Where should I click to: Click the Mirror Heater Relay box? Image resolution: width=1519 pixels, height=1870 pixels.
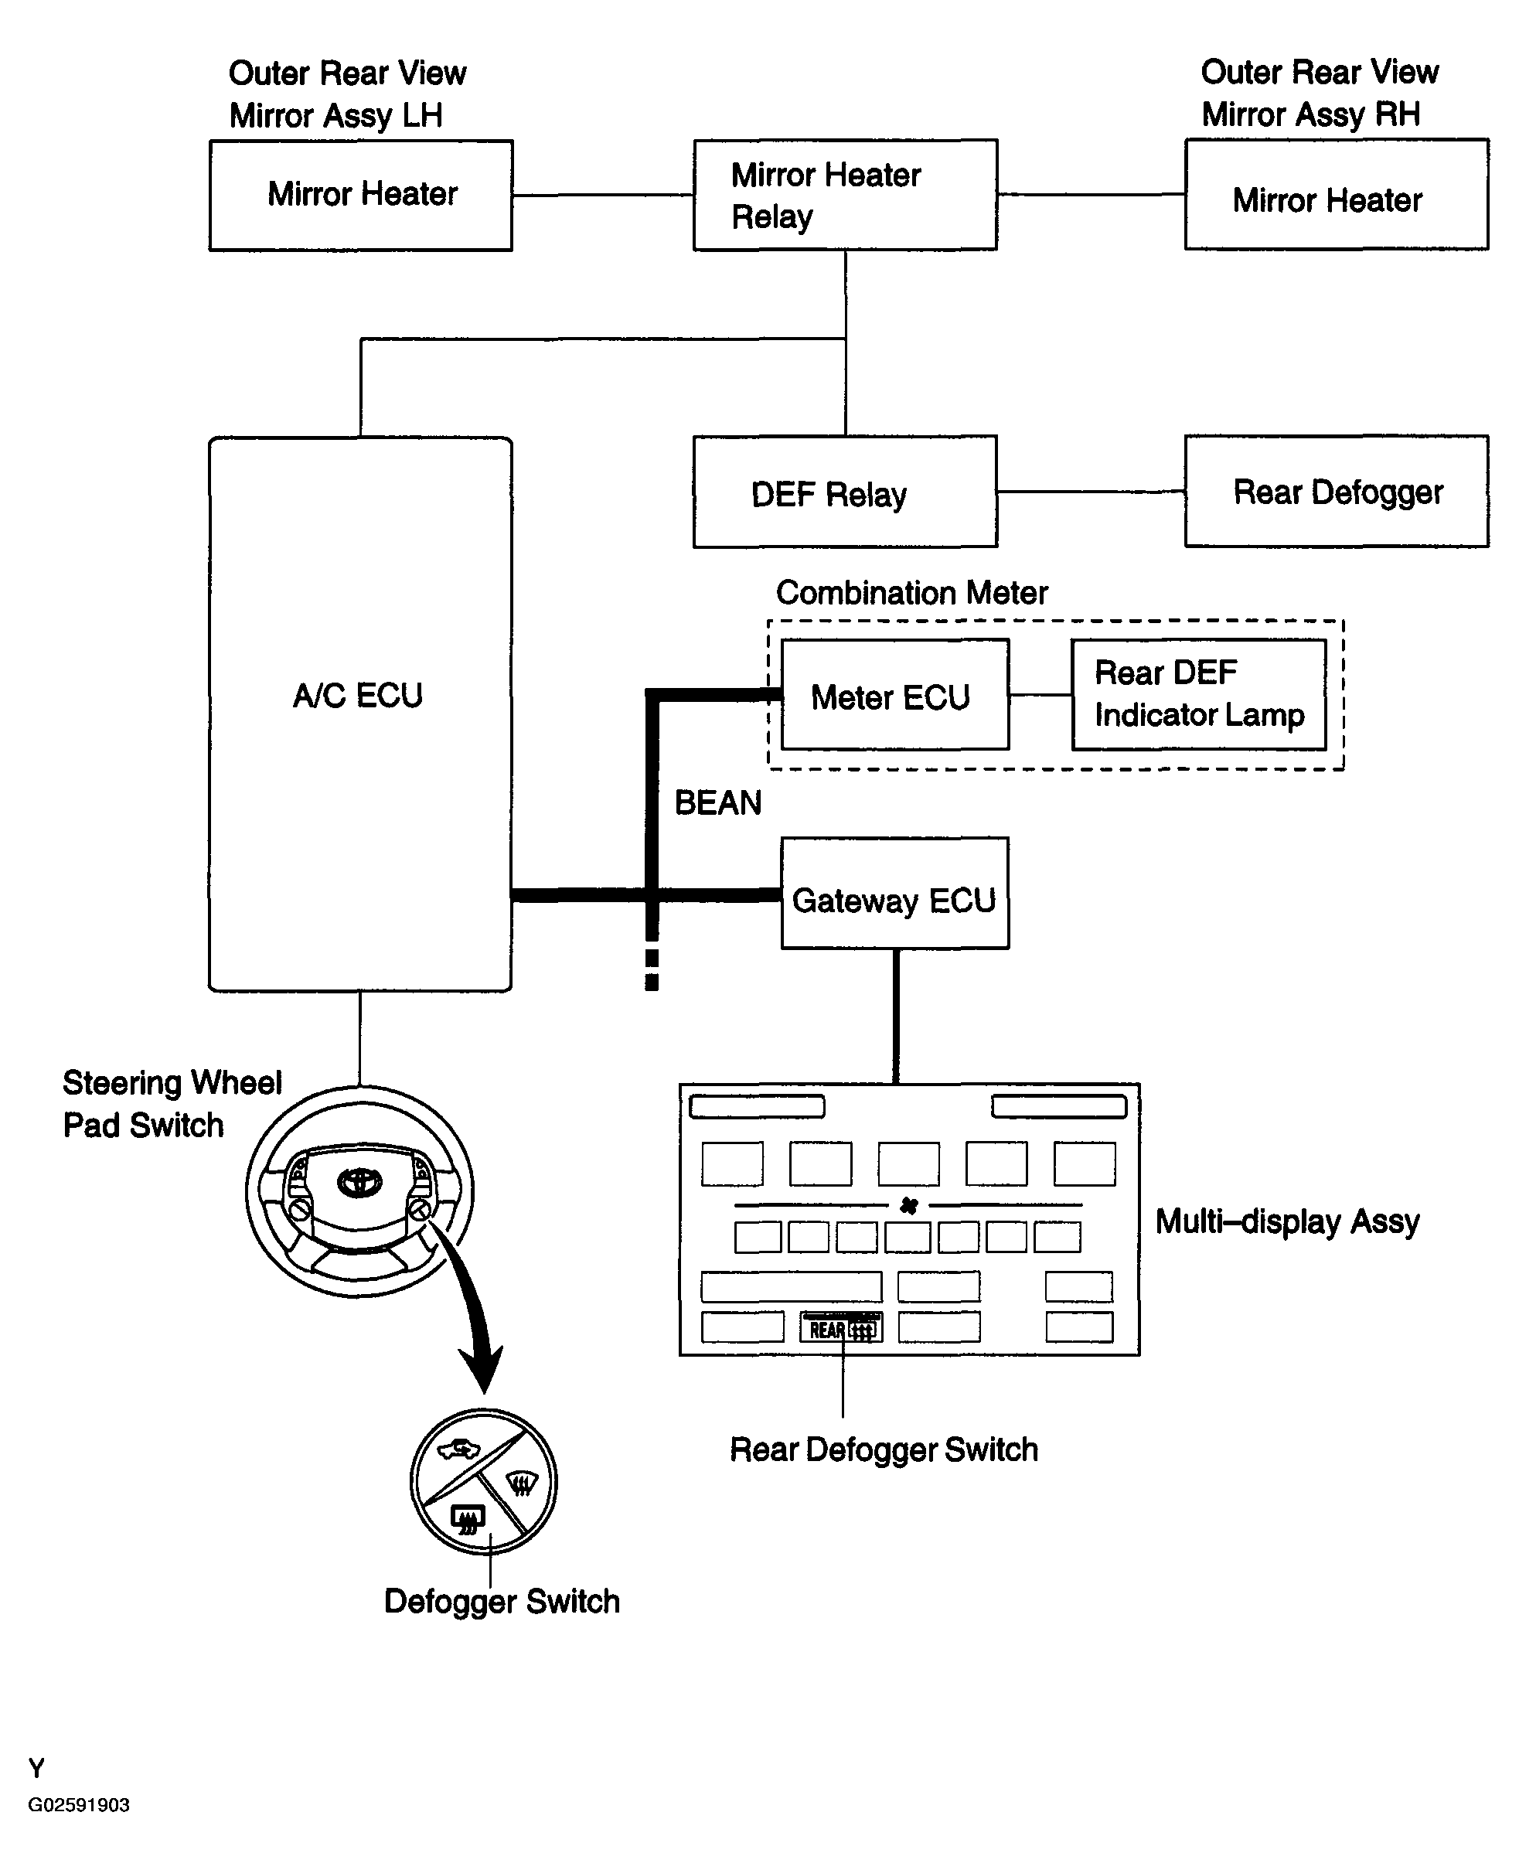point(844,195)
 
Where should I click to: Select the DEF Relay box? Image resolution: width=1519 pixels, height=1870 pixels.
point(844,492)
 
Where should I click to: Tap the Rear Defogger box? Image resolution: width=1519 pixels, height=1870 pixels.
point(1336,492)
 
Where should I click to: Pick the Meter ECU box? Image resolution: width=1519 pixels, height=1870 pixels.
point(894,695)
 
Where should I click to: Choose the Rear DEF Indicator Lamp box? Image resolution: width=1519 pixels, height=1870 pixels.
point(1198,695)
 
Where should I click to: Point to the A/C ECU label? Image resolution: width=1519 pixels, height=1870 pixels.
point(358,696)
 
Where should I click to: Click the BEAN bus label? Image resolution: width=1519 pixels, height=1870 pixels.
point(717,803)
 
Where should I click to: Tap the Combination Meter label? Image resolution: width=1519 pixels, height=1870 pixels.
point(911,593)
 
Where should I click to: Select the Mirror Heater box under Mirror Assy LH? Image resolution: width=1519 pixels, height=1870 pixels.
point(360,195)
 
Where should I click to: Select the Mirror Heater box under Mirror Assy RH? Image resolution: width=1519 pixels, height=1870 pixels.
point(1336,195)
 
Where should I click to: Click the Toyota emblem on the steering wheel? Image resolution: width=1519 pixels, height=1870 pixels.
point(359,1182)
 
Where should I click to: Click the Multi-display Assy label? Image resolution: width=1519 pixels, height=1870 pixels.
point(1286,1221)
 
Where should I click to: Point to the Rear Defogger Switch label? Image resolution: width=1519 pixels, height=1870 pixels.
point(884,1450)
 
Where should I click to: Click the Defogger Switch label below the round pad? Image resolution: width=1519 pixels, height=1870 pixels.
point(502,1601)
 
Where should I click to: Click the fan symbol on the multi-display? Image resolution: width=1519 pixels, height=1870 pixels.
point(908,1207)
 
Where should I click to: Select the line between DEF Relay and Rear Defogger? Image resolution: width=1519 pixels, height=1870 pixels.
point(1090,492)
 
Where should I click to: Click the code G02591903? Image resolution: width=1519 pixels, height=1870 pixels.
point(79,1805)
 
